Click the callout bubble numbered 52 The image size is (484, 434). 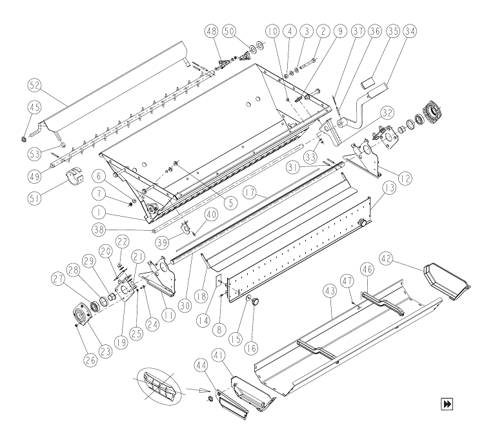(x=35, y=85)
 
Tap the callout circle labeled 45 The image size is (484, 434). (x=35, y=108)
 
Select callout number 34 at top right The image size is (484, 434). (x=410, y=31)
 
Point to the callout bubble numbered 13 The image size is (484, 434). (x=390, y=188)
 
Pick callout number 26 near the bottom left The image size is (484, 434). (x=90, y=360)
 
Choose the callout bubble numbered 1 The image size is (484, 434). (x=99, y=213)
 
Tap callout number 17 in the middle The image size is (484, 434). (x=250, y=192)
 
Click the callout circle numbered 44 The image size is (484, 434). (x=201, y=365)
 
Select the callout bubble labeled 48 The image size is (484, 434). (x=212, y=31)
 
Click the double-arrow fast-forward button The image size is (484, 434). (x=447, y=404)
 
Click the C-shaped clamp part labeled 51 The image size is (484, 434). (x=75, y=176)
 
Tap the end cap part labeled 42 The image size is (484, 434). (x=446, y=281)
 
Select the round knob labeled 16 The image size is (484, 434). (x=256, y=301)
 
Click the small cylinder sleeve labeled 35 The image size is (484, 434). (x=367, y=83)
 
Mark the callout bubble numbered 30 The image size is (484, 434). (x=186, y=306)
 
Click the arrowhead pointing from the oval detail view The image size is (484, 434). (x=201, y=391)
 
